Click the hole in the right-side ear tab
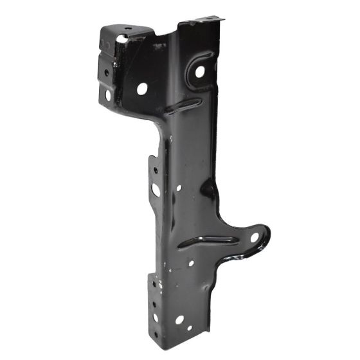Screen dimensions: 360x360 point(254,238)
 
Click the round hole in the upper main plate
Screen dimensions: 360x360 point(142,89)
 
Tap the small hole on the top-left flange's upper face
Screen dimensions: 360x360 point(128,28)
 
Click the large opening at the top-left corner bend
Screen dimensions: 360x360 point(122,39)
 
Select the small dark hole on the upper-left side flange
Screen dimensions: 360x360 point(107,73)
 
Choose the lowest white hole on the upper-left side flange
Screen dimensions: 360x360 point(108,95)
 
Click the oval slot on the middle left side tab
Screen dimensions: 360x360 point(156,190)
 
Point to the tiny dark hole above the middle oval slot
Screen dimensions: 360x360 point(154,171)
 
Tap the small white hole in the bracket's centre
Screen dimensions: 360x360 point(179,188)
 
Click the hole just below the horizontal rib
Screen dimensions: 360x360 point(191,263)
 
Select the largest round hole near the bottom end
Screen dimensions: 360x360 point(180,319)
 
